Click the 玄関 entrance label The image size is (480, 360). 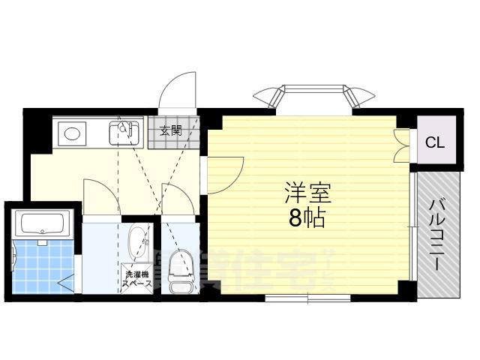coord(170,130)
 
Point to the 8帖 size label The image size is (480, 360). coord(307,217)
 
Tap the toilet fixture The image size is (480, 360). coord(179,272)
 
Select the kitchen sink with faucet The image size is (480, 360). coord(125,133)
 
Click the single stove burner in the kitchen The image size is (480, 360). coord(72,134)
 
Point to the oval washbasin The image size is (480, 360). coord(138,241)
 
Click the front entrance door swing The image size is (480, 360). coord(178,90)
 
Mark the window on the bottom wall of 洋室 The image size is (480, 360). coord(307,298)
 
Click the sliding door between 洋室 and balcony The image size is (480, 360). coord(413,225)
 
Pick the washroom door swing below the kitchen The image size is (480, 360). coord(100,198)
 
